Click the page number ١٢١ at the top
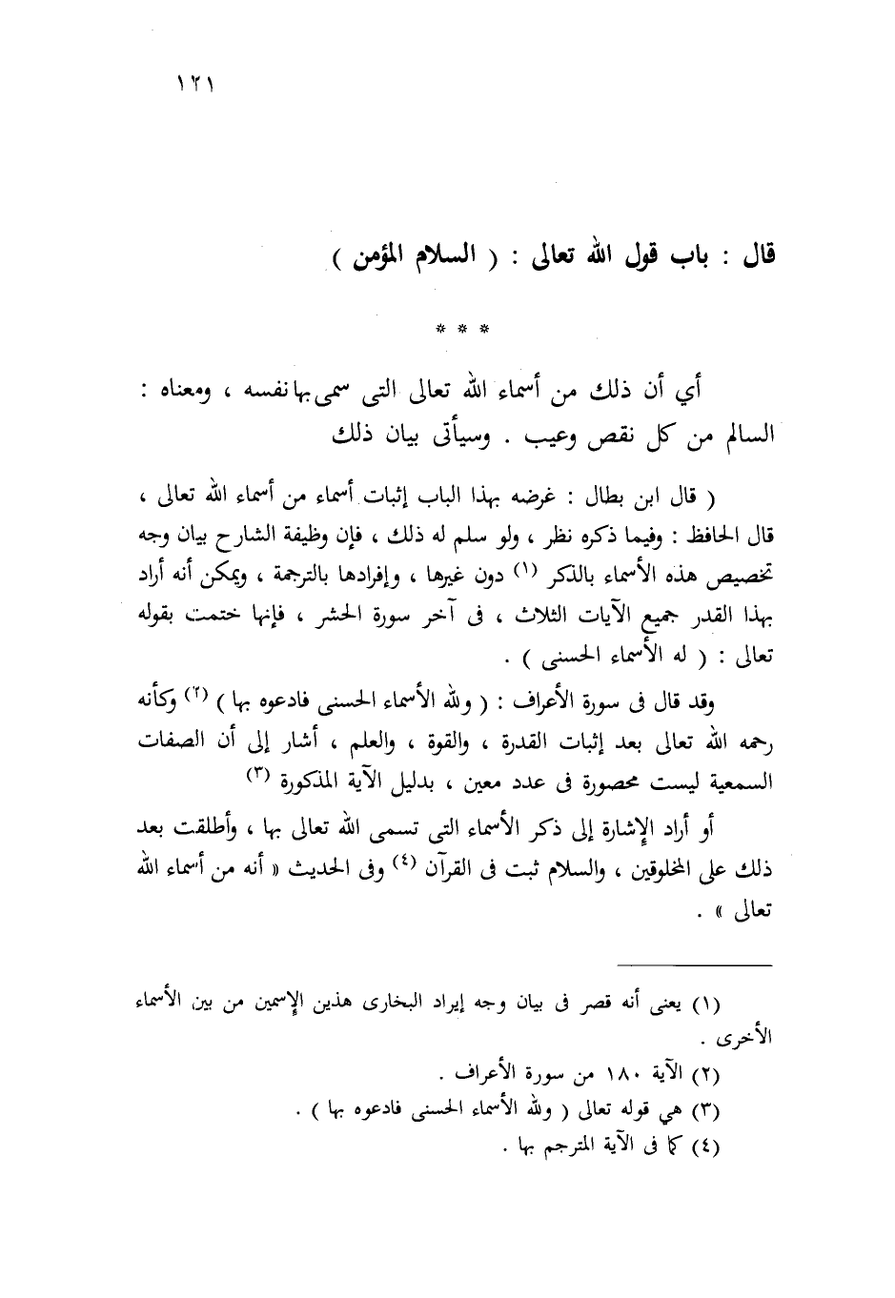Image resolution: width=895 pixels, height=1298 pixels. tap(193, 84)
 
